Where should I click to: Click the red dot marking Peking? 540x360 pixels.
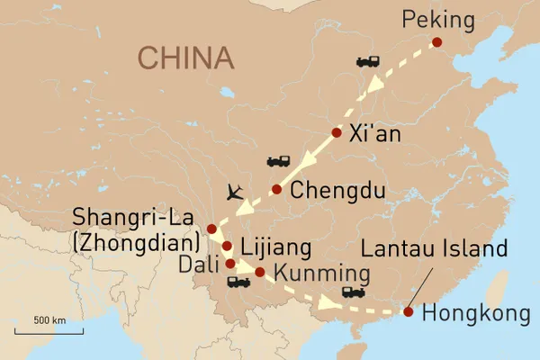click(436, 42)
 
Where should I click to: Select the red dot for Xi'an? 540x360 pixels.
click(337, 133)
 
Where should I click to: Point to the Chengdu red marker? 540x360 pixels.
click(276, 189)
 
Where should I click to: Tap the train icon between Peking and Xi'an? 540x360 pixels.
click(367, 62)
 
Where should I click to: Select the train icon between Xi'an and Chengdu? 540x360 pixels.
click(278, 162)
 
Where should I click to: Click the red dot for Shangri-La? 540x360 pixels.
click(211, 228)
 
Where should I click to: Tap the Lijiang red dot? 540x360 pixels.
click(227, 246)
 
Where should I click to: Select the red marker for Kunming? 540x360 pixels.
click(259, 272)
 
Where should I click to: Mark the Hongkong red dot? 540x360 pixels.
click(408, 313)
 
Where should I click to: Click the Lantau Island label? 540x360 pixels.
click(443, 248)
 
